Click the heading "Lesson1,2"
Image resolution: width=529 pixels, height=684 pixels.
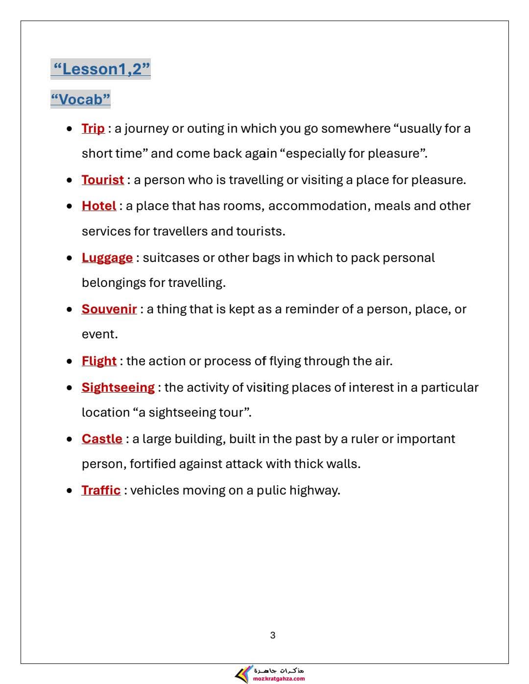click(100, 69)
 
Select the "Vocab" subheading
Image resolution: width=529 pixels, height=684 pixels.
click(80, 99)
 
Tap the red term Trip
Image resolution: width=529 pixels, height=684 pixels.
click(93, 128)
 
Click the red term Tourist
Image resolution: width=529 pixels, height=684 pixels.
click(103, 180)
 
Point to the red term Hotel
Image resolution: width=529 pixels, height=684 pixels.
click(99, 206)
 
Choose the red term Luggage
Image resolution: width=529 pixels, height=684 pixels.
click(107, 258)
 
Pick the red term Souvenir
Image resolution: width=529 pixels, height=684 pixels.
click(109, 309)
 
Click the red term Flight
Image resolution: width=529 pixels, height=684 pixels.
click(99, 361)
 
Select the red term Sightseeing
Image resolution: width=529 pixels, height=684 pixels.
click(118, 387)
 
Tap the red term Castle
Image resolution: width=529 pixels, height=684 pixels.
click(102, 439)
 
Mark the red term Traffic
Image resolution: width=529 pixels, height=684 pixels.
click(101, 490)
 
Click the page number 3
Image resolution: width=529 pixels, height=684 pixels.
click(273, 636)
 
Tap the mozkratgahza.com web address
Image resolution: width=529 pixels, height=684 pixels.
click(279, 679)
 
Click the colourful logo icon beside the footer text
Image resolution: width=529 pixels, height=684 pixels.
click(243, 675)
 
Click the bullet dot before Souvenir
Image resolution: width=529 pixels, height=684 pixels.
click(70, 309)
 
